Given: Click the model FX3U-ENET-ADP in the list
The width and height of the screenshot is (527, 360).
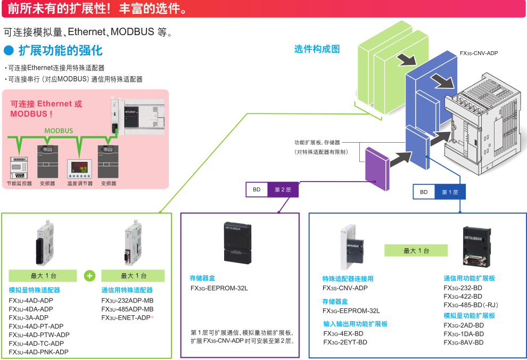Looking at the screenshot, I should click(x=126, y=318).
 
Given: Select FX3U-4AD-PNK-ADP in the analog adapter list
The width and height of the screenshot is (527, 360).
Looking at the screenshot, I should click(x=39, y=352).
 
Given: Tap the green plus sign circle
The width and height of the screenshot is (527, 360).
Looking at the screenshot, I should click(x=90, y=276).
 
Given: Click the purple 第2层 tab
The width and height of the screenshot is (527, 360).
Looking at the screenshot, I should click(x=283, y=190).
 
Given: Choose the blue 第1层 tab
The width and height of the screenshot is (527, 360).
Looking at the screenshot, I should click(x=450, y=192).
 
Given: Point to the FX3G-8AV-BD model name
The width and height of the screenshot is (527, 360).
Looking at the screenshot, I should click(x=464, y=342).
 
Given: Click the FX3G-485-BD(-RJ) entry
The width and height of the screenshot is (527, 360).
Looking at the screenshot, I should click(x=471, y=305).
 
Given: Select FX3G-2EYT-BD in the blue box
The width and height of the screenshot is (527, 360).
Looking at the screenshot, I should click(x=345, y=342).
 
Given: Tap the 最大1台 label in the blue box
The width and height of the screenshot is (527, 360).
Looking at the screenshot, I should click(x=416, y=251).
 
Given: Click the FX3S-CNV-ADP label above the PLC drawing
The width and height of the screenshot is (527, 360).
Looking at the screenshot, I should click(x=479, y=53).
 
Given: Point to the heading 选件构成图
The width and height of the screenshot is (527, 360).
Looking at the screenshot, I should click(x=317, y=49).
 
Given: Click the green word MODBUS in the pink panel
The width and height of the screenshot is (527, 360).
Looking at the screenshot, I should click(x=59, y=131).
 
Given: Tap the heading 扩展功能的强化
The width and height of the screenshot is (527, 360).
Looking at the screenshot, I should click(x=60, y=51).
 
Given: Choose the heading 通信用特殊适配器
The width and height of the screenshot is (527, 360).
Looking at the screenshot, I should click(x=127, y=290).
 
